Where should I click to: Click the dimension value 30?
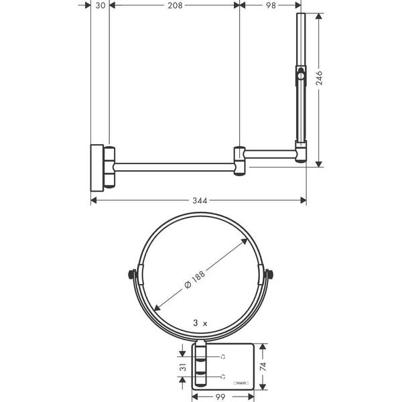(x=99, y=5)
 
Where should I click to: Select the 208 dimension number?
(x=173, y=5)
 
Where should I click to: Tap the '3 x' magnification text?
(x=200, y=323)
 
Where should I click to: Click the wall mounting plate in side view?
(x=98, y=166)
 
